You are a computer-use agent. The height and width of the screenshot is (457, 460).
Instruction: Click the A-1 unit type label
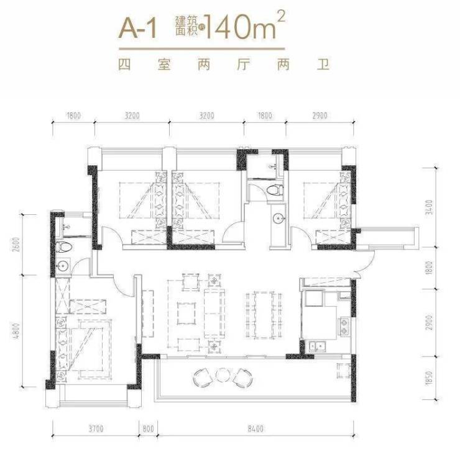click(138, 28)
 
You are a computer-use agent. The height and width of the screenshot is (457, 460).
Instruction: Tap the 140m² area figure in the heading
click(245, 26)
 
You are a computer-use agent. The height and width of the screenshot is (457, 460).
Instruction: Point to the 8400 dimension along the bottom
click(255, 429)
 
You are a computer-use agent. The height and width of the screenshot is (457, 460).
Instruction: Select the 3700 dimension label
click(96, 429)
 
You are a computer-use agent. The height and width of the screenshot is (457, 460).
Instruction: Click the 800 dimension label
click(149, 429)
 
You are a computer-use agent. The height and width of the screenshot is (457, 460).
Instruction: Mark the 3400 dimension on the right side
click(429, 207)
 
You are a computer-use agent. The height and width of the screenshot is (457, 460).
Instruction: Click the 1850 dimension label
click(429, 378)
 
